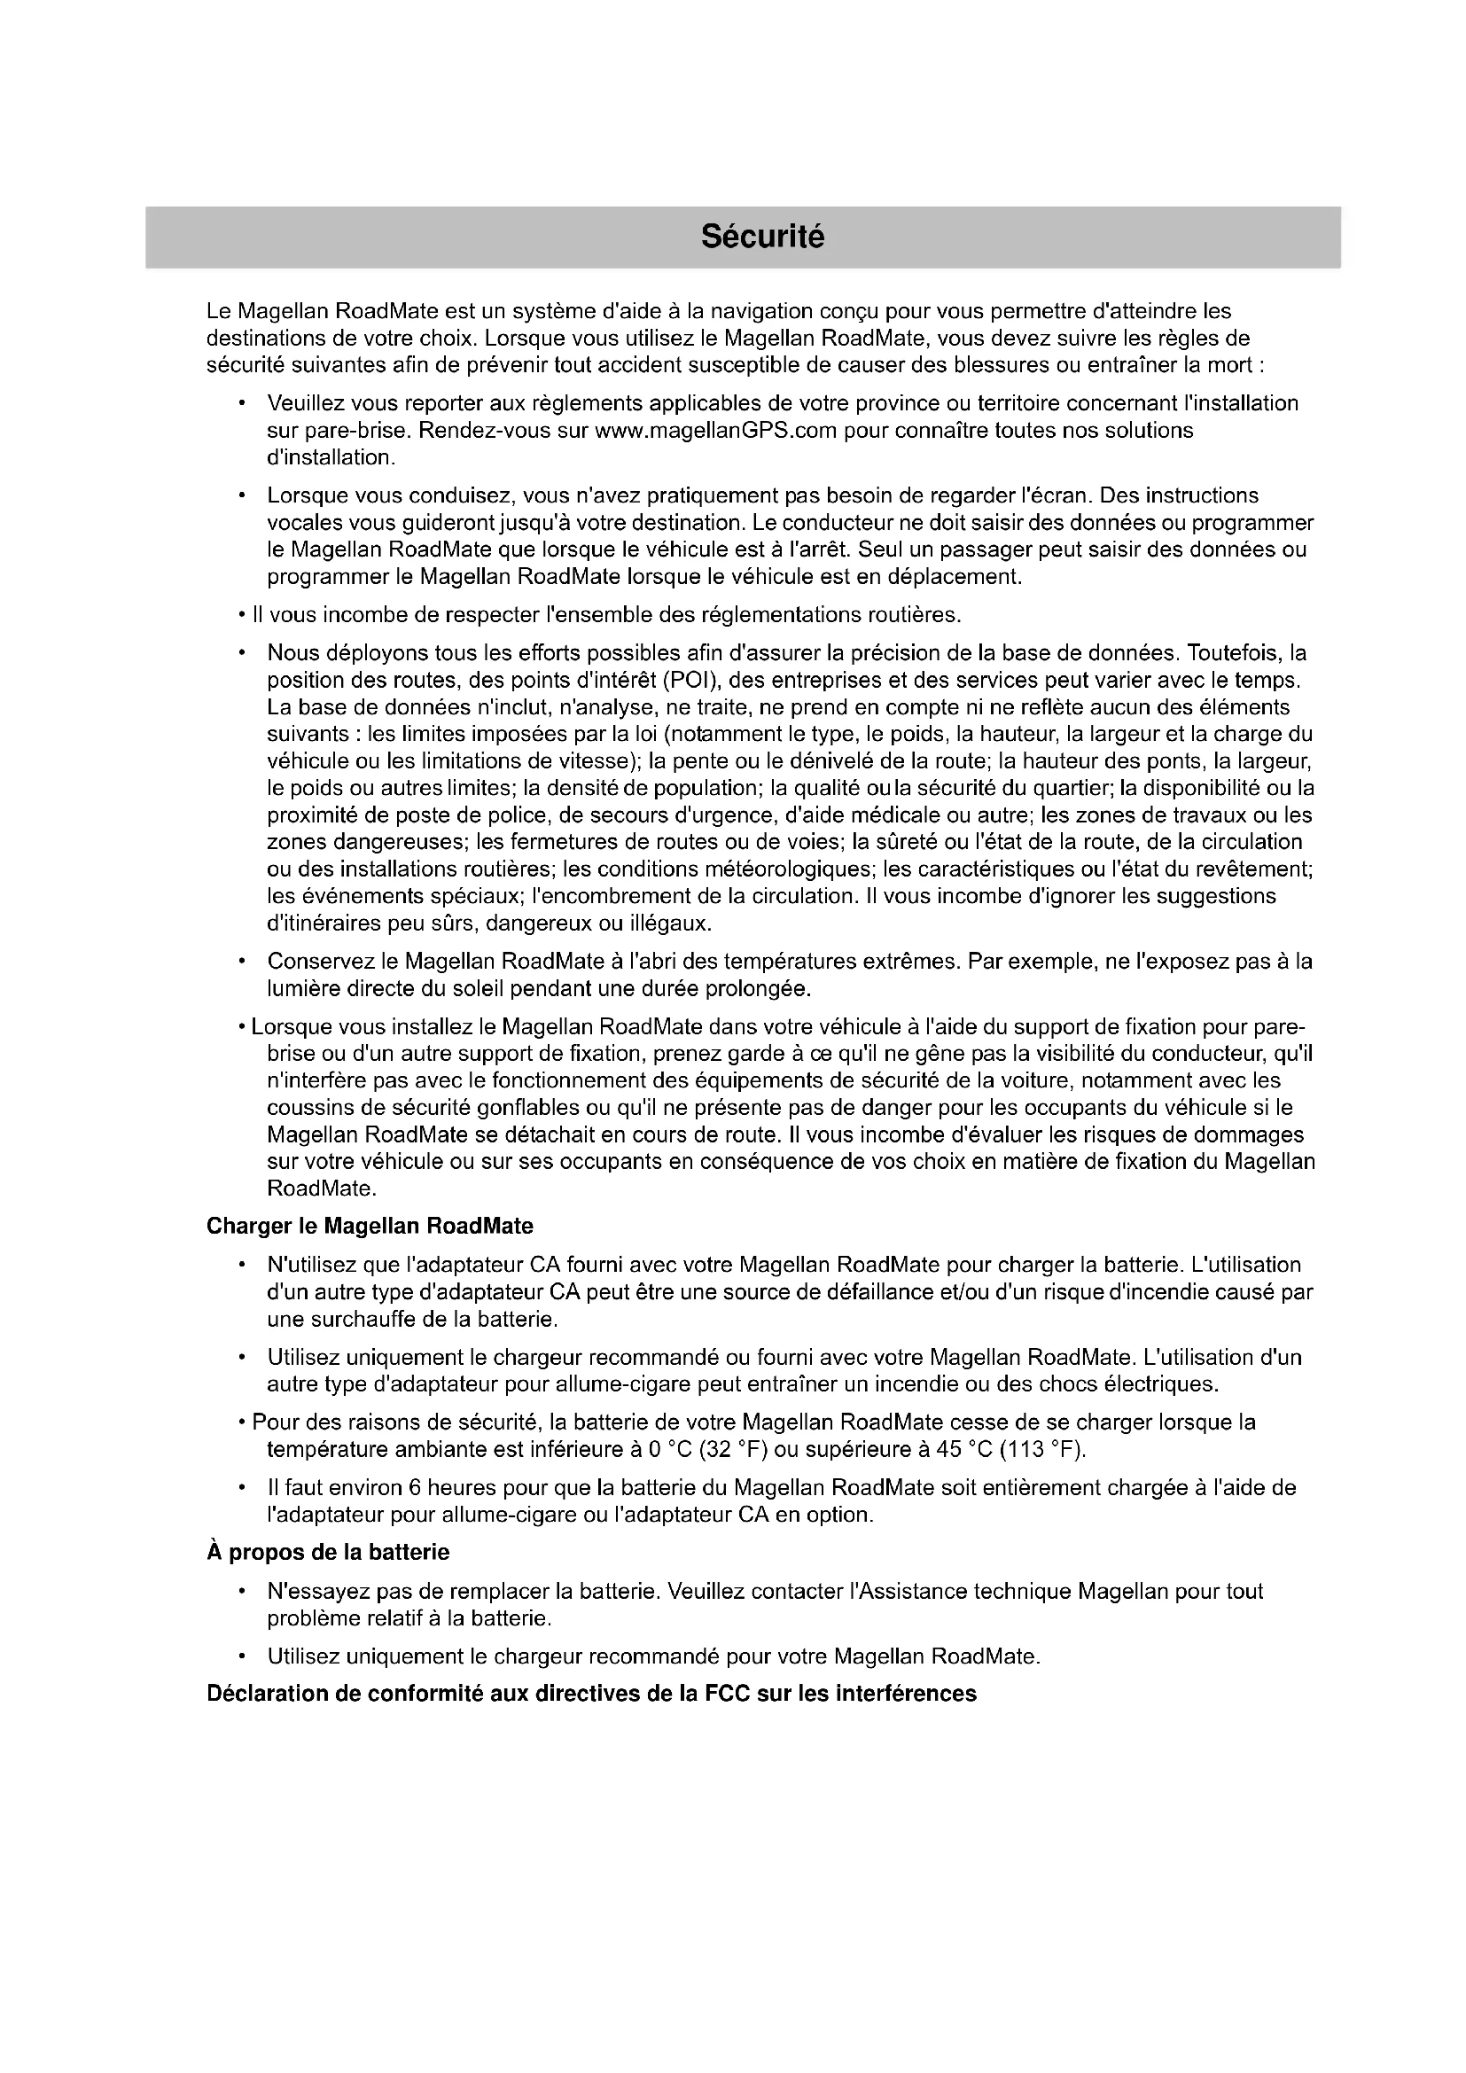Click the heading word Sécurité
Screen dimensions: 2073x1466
(x=763, y=237)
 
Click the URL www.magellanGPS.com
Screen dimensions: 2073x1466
(x=717, y=430)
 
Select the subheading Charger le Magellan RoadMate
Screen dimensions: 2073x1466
(x=370, y=1226)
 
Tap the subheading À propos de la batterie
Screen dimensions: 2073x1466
(x=328, y=1552)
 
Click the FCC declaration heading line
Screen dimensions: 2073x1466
(x=591, y=1693)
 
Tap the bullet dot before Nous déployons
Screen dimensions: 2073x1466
(x=242, y=653)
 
